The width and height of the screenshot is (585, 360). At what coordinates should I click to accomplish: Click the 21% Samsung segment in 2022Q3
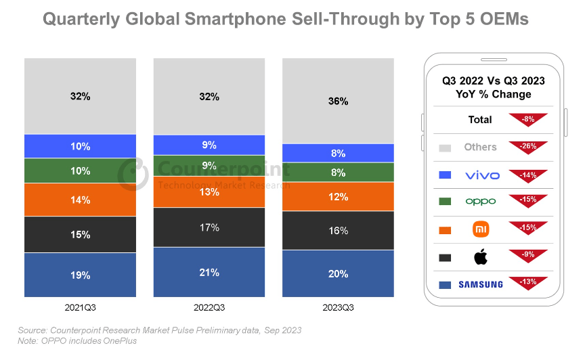click(x=209, y=272)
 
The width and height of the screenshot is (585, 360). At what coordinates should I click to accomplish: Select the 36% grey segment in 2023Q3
click(x=338, y=101)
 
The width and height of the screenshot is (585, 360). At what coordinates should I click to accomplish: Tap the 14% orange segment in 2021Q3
click(x=80, y=200)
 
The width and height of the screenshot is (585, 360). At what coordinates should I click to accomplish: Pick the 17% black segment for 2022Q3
click(x=209, y=227)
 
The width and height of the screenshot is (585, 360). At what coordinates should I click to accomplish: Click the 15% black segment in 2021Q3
click(x=80, y=234)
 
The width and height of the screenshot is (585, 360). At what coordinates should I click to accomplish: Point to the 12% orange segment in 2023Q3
click(x=338, y=197)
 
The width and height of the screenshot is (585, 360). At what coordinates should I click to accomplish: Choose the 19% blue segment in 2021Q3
click(x=80, y=275)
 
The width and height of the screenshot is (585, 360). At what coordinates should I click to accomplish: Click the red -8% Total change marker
click(x=528, y=119)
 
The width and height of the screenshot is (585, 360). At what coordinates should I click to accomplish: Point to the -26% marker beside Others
click(x=528, y=147)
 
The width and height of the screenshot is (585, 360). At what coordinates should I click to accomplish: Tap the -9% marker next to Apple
click(x=528, y=256)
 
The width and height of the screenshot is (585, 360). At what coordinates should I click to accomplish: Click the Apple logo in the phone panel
click(x=481, y=257)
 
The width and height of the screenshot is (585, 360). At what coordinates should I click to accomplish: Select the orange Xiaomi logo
click(x=481, y=229)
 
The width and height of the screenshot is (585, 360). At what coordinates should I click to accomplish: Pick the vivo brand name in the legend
click(x=482, y=175)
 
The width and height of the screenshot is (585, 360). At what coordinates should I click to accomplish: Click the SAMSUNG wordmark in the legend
click(x=481, y=285)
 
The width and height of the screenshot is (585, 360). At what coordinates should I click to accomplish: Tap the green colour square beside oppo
click(x=445, y=202)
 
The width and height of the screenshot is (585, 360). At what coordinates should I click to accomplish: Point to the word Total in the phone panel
click(x=480, y=120)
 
